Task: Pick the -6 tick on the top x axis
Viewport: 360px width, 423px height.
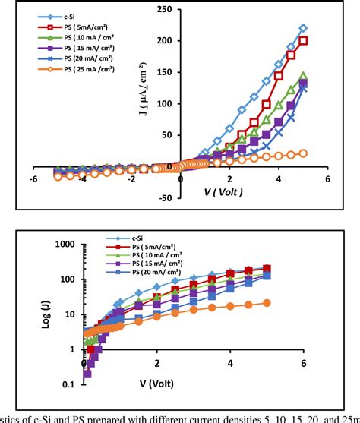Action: (33, 179)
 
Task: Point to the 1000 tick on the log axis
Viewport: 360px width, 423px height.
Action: (68, 245)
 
